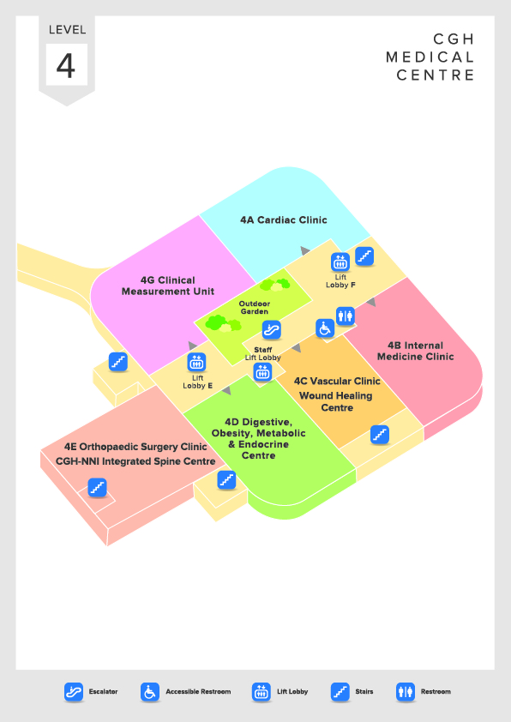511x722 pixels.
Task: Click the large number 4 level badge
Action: pyautogui.click(x=66, y=65)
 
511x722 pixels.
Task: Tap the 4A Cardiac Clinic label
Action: pyautogui.click(x=284, y=220)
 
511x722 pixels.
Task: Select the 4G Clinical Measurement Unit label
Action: pyautogui.click(x=168, y=286)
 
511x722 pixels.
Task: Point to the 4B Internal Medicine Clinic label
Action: pyautogui.click(x=415, y=351)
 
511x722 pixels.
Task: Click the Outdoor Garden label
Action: pyautogui.click(x=254, y=308)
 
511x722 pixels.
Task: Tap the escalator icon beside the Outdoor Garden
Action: pyautogui.click(x=272, y=329)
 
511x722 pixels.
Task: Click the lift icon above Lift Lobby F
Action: pyautogui.click(x=340, y=262)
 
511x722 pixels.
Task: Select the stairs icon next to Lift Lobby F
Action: pyautogui.click(x=364, y=256)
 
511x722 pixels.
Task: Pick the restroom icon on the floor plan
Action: pyautogui.click(x=345, y=316)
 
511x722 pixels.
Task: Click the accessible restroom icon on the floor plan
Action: pyautogui.click(x=325, y=328)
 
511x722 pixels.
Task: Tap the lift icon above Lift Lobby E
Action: pyautogui.click(x=196, y=363)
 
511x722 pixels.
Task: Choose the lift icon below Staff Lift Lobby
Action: pyautogui.click(x=262, y=371)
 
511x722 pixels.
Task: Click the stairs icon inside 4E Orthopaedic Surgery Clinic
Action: pyautogui.click(x=97, y=487)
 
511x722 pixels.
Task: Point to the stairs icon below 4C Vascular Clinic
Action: pyautogui.click(x=380, y=434)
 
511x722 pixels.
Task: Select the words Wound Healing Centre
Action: pyautogui.click(x=336, y=401)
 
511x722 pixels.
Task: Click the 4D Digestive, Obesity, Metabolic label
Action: pyautogui.click(x=258, y=427)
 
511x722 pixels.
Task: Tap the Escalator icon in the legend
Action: pyautogui.click(x=74, y=692)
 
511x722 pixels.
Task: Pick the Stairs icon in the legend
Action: pyautogui.click(x=340, y=692)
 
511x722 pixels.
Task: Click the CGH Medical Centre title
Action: pyautogui.click(x=430, y=57)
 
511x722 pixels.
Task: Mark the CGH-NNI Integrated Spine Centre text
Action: pyautogui.click(x=135, y=461)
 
